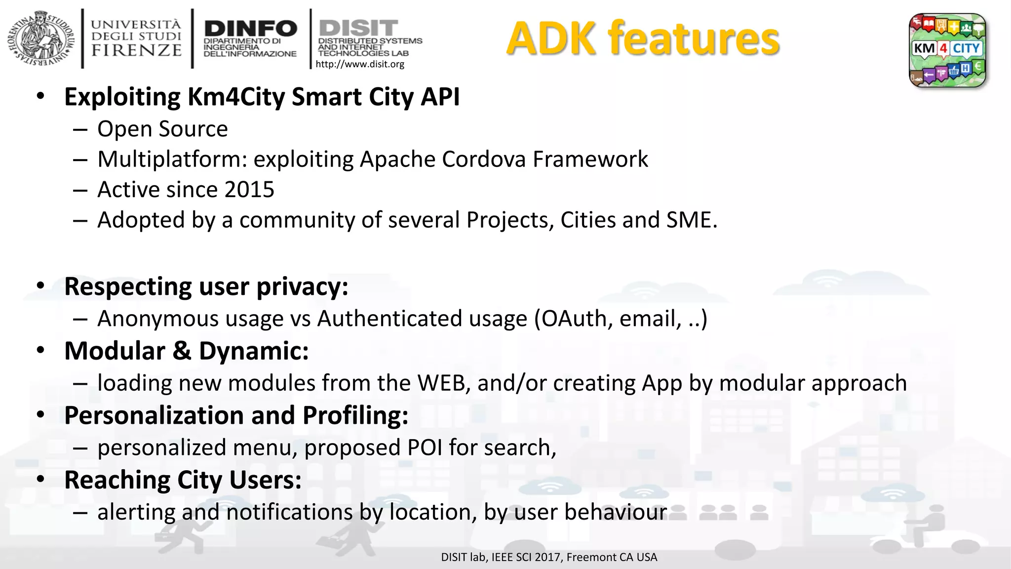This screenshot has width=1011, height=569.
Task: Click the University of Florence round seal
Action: coord(41,39)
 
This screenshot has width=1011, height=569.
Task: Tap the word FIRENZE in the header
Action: coord(137,50)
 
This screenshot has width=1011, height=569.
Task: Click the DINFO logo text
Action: coord(250,28)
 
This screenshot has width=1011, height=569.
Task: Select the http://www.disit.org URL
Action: coord(359,64)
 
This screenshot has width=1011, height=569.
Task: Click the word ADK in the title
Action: coord(551,39)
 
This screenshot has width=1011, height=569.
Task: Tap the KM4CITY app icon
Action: coord(947,50)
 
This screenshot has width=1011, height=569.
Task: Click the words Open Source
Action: coord(162,129)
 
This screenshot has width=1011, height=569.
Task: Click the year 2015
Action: coord(249,190)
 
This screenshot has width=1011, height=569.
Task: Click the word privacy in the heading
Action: coord(302,286)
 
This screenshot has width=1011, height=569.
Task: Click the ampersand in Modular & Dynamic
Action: coord(182,351)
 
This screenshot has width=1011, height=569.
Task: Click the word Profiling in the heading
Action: coord(355,415)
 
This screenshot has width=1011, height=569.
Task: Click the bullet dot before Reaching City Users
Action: coord(40,480)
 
